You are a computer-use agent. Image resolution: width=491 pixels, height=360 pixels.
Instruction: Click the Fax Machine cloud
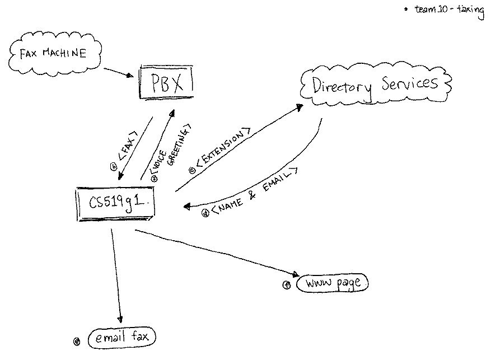point(53,54)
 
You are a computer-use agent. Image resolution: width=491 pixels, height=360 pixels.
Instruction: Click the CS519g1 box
point(115,203)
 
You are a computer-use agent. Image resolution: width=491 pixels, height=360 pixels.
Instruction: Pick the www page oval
point(333,284)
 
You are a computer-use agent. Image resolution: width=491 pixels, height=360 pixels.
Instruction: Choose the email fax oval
point(121,338)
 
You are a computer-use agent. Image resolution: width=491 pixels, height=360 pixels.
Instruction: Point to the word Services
point(410,84)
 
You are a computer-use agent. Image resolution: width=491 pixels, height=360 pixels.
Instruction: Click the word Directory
point(342,87)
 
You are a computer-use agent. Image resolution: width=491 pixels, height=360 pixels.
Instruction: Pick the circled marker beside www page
point(287,284)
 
